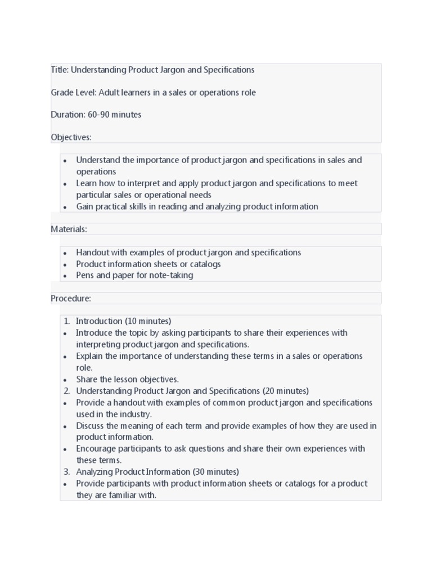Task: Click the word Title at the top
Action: pos(59,70)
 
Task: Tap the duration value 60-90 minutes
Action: pos(114,115)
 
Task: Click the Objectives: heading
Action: pos(71,137)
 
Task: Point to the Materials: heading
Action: pos(69,229)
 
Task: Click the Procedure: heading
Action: pos(71,298)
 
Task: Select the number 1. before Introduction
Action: pos(66,321)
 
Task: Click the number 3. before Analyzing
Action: pos(66,472)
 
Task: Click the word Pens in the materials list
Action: pos(85,276)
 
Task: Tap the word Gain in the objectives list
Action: pos(85,206)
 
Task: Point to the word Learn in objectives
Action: pos(87,183)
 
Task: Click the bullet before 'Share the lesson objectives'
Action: pos(66,380)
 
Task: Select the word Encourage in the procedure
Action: pos(96,449)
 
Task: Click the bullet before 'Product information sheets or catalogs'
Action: pos(66,264)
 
